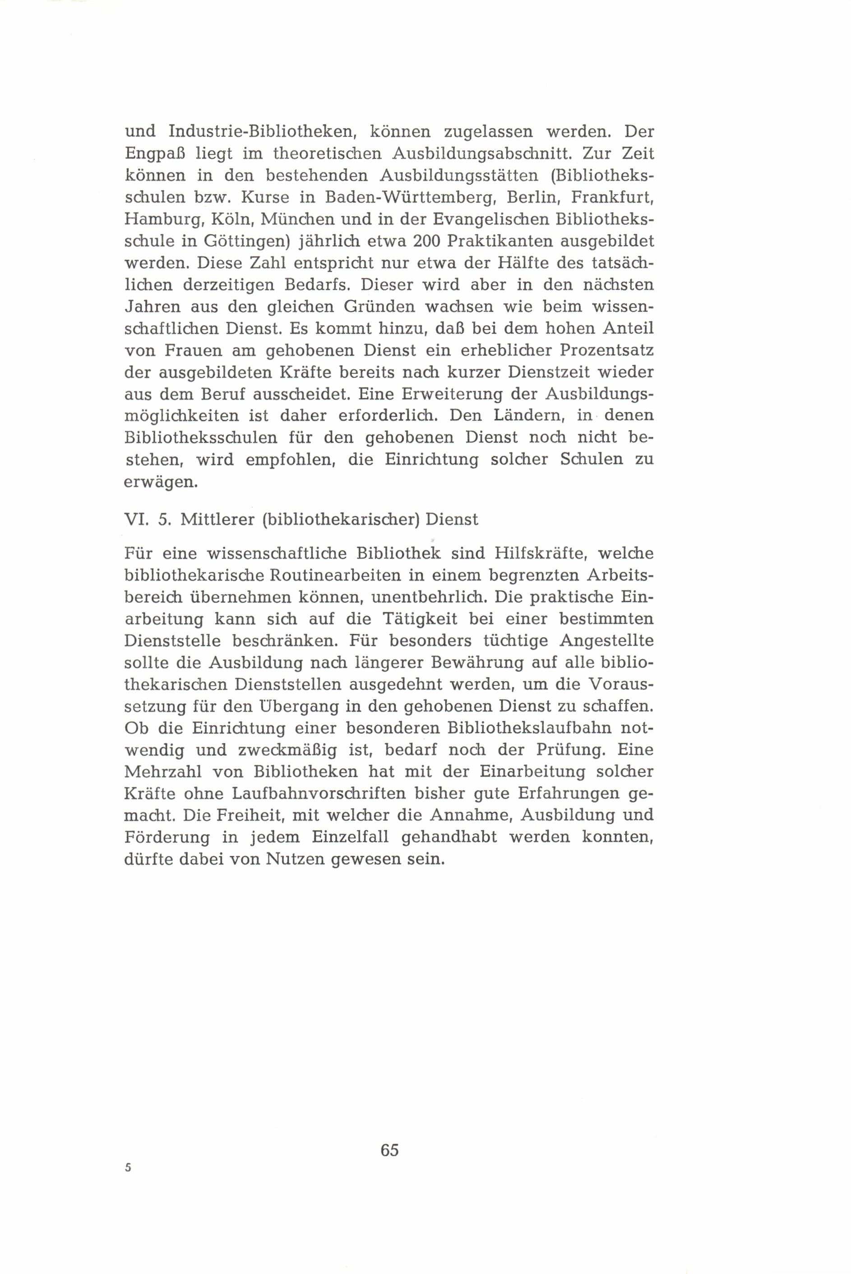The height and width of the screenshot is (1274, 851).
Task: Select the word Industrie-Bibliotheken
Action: coord(262,132)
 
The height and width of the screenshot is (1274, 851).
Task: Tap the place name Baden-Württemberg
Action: coord(406,198)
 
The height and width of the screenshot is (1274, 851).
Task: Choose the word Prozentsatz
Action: coord(606,351)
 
